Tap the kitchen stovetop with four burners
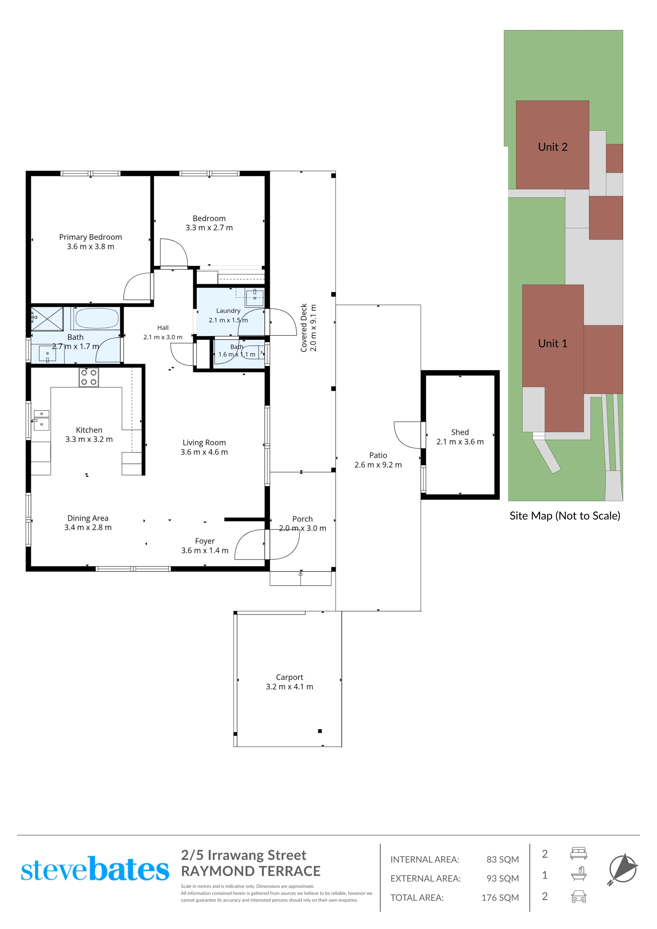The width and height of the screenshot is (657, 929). [89, 377]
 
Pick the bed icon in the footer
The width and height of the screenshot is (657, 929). [578, 854]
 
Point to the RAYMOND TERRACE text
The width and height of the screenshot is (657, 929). [250, 871]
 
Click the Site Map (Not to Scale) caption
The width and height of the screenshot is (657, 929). [565, 516]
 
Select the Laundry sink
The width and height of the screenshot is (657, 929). [255, 298]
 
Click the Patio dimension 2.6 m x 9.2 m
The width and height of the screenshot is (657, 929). [378, 465]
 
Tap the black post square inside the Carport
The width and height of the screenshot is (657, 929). [320, 731]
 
